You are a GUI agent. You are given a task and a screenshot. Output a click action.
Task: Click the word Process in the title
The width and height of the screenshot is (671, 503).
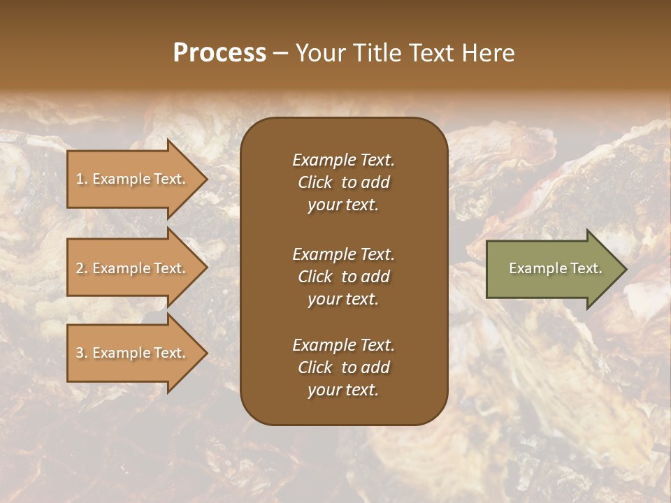(x=219, y=53)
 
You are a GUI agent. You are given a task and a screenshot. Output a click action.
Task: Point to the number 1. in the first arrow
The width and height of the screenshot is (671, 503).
(x=82, y=179)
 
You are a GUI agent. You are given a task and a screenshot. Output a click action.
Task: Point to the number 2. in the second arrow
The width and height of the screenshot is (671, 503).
(x=82, y=268)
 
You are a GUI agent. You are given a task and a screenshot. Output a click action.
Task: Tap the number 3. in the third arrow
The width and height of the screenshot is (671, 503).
(x=82, y=353)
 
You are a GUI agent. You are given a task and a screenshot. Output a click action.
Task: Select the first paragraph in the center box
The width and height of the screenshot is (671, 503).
(x=343, y=182)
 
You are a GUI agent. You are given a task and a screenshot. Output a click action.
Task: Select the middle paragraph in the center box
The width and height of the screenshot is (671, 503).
(x=343, y=277)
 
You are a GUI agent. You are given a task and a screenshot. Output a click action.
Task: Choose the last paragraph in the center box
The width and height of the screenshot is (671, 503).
(x=343, y=367)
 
